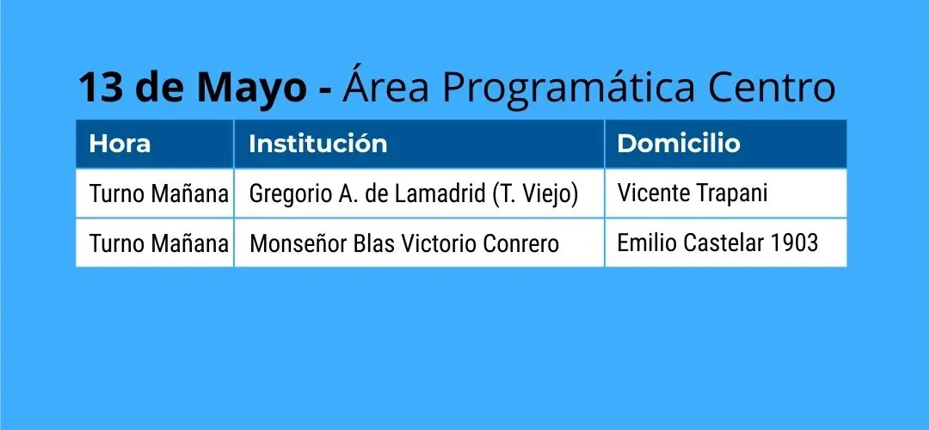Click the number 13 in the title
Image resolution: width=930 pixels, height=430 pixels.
101,87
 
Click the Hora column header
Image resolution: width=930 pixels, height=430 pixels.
120,144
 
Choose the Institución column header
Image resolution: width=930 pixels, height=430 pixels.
318,144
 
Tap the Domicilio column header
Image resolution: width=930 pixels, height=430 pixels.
679,144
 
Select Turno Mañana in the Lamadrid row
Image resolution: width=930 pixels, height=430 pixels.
158,194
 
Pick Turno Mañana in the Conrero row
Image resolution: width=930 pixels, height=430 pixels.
158,243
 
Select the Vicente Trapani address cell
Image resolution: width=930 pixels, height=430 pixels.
693,193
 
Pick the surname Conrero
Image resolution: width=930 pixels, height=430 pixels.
521,243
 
